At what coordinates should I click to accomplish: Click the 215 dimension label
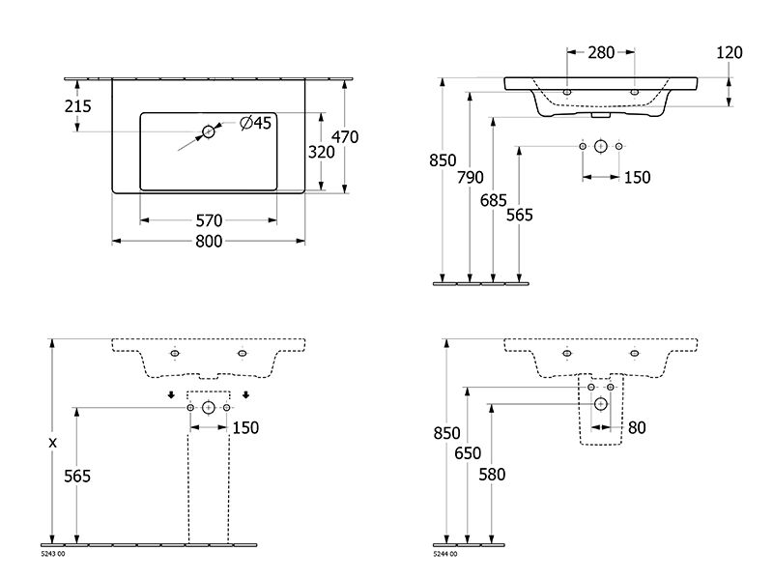point(78,106)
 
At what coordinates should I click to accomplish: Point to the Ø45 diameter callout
point(255,123)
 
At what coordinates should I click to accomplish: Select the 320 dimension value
point(322,152)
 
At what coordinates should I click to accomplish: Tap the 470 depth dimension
point(345,136)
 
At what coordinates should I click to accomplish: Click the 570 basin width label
point(209,220)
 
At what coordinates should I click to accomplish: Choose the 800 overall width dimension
point(209,241)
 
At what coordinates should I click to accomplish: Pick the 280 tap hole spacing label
point(601,52)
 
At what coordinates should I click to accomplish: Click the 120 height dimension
point(730,52)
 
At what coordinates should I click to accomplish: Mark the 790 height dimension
point(471,177)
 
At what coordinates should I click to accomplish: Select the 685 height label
point(494,200)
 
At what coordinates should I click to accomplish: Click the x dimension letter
point(53,443)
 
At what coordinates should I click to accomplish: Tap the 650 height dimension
point(468,452)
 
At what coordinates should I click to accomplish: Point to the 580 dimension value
point(492,475)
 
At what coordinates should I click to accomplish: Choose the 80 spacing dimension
point(637,427)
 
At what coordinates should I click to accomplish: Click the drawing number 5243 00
point(52,554)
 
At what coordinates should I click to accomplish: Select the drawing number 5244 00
point(445,554)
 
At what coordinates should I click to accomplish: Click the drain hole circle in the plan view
point(209,131)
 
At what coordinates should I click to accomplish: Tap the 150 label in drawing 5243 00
point(245,427)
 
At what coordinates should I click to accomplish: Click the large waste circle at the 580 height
point(600,404)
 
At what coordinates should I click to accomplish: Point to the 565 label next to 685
point(520,215)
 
